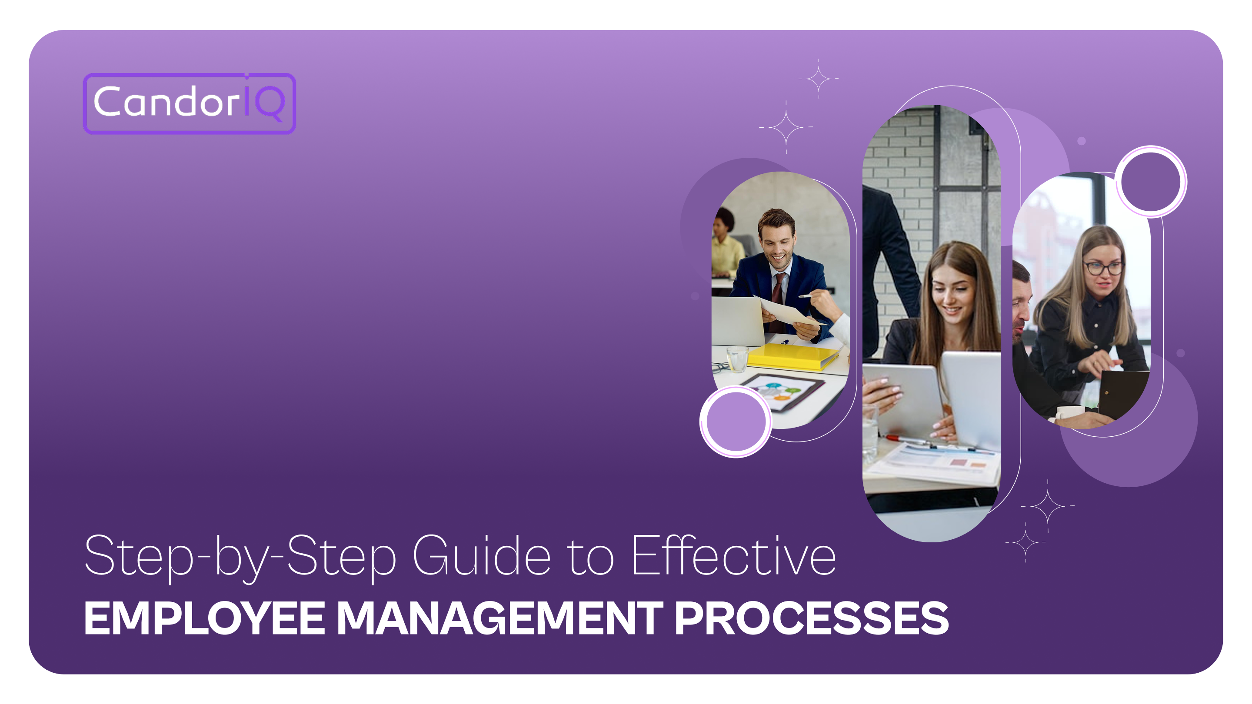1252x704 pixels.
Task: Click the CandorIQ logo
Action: click(189, 103)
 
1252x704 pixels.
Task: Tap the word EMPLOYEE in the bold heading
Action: click(204, 618)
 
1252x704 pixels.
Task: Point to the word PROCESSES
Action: click(811, 618)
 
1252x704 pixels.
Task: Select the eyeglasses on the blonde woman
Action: click(1103, 268)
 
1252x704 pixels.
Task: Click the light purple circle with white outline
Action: click(736, 421)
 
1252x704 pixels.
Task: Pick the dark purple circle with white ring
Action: click(1150, 182)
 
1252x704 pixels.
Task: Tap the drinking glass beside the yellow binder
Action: click(737, 359)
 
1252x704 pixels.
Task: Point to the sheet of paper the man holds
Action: click(787, 311)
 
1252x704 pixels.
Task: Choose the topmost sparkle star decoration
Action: click(819, 78)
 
